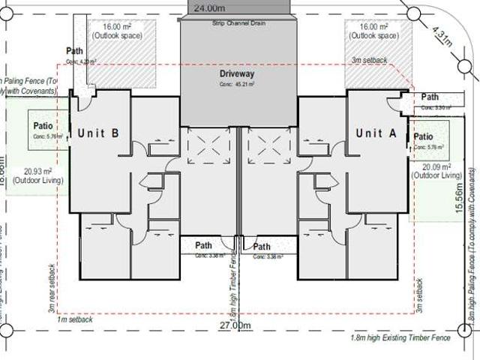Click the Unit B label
coord(99,133)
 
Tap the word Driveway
coord(238,75)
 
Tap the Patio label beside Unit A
coord(424,136)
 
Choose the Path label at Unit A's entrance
coord(430,97)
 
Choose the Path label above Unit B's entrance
coord(75,51)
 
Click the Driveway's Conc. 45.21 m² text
coord(237,85)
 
